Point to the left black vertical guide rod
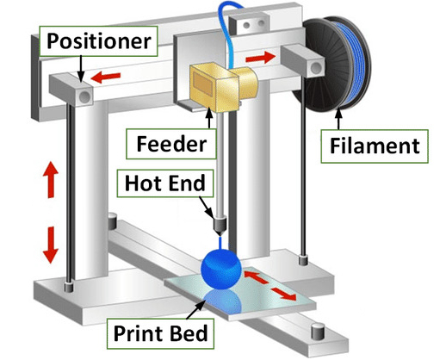coord(65,198)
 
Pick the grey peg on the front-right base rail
coord(318,328)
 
